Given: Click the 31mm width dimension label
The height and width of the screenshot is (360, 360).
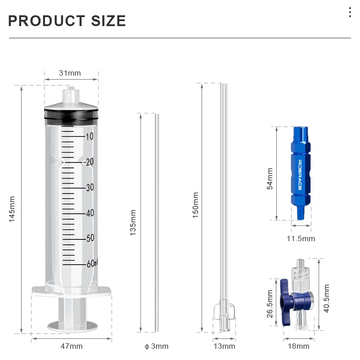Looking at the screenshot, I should (x=70, y=73).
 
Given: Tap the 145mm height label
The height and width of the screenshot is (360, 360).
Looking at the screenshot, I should (x=12, y=208).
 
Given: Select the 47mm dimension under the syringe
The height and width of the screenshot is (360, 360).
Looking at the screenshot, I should (x=72, y=346).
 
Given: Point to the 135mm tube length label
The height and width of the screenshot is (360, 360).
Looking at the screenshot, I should (x=133, y=224).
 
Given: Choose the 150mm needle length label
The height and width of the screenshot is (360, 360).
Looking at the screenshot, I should (x=196, y=205).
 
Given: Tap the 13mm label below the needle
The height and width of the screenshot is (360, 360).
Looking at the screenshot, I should (x=224, y=346).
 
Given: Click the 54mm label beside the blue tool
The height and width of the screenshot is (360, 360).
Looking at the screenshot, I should (x=270, y=179).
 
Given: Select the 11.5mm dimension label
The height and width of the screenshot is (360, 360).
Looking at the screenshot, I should (x=301, y=238).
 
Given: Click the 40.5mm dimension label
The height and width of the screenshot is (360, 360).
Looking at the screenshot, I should (x=327, y=298).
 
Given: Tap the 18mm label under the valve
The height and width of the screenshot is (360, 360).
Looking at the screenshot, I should (x=298, y=346).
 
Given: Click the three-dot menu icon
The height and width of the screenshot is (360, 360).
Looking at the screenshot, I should (x=350, y=12).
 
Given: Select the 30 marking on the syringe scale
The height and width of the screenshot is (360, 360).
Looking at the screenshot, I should (x=90, y=188).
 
